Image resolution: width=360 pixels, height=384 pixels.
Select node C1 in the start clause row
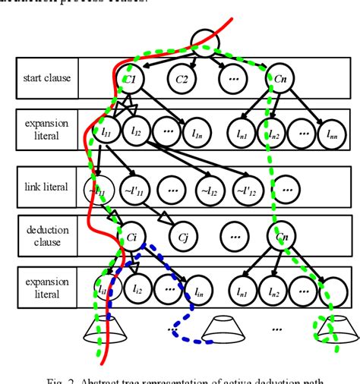[130, 78]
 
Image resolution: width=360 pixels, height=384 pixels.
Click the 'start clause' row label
[46, 79]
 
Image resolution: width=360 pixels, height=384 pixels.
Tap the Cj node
[183, 234]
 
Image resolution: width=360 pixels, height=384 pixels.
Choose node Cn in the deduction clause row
[282, 234]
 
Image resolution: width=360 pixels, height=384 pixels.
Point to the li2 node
[137, 288]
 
